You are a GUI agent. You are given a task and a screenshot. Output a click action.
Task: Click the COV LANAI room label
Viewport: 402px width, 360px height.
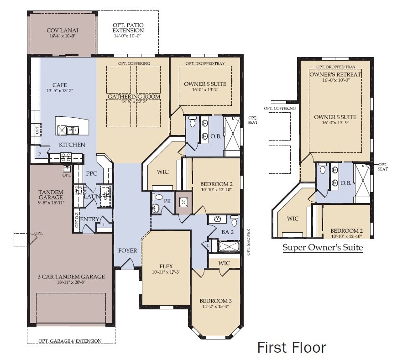[63, 31]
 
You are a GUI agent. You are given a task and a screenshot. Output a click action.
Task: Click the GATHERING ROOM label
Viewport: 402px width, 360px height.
[134, 97]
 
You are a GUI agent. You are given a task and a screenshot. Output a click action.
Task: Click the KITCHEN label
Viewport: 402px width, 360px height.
[72, 145]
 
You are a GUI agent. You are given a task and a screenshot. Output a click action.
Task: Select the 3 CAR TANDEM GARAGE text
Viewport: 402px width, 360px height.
[72, 277]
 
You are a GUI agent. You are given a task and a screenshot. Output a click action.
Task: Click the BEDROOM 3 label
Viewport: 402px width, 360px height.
[215, 301]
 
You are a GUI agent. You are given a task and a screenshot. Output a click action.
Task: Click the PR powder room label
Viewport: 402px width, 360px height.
[167, 200]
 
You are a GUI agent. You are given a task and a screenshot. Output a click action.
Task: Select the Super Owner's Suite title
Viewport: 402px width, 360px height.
[323, 248]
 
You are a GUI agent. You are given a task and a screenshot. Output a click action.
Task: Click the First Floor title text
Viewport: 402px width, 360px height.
[292, 347]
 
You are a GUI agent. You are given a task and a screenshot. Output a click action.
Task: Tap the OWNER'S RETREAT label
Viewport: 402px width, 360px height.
[335, 74]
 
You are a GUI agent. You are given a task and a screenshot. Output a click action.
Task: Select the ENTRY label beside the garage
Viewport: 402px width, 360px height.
[89, 219]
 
